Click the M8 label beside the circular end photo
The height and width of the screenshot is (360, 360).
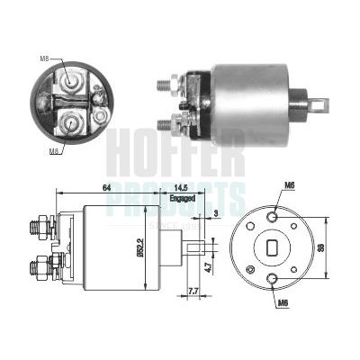click(x=43, y=58)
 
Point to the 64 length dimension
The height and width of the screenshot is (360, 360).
click(x=105, y=187)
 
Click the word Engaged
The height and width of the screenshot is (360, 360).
click(x=181, y=197)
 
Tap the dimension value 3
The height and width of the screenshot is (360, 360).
click(x=216, y=213)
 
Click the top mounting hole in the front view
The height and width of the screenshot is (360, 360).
click(x=273, y=213)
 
